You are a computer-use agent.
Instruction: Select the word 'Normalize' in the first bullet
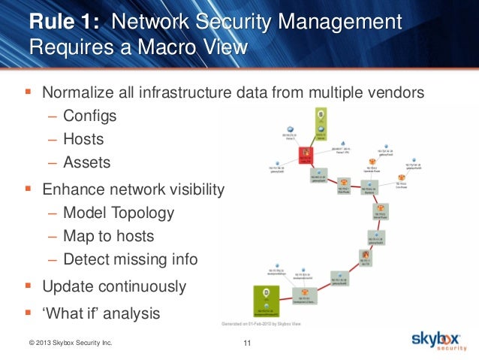tap(78, 94)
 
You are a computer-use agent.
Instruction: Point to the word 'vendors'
tap(397, 94)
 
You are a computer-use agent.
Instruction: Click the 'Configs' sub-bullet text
tap(89, 116)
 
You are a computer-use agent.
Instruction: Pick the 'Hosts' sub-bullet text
tap(83, 139)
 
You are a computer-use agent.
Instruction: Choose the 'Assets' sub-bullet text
tap(86, 162)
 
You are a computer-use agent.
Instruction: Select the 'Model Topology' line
tap(119, 213)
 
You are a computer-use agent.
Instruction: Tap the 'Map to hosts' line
tap(108, 236)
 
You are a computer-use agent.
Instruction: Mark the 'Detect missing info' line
tap(131, 260)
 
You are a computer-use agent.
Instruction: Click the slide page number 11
tap(247, 344)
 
